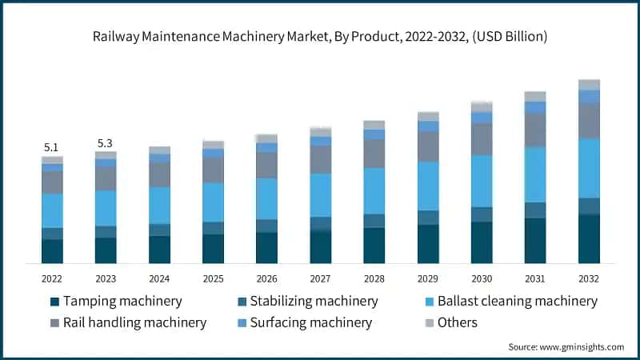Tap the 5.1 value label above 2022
point(51,147)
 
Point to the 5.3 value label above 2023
point(105,143)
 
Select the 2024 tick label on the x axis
point(159,278)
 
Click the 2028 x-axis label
point(374,278)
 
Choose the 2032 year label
point(589,278)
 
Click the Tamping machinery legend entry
point(115,302)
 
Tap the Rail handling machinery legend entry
point(127,322)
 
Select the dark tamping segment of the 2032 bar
point(589,238)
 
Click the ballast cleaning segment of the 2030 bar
point(482,181)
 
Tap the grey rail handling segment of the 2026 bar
point(266,165)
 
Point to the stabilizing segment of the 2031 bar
point(535,210)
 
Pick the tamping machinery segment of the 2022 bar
point(52,251)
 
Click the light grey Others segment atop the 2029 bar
point(428,116)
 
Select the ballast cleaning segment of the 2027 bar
point(320,195)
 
